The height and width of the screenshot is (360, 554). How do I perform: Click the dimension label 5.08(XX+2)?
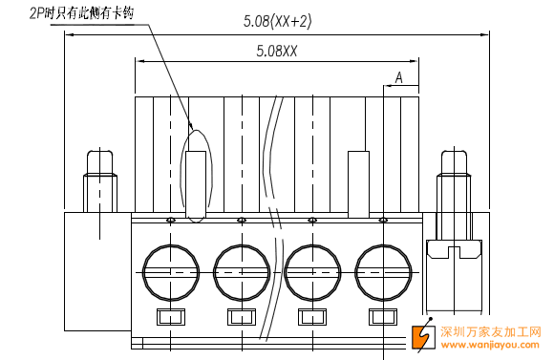tap(277, 21)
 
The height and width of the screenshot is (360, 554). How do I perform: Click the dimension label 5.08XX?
tap(277, 51)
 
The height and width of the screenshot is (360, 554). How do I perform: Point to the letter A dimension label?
tap(399, 77)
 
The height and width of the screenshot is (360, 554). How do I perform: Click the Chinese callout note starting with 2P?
tap(81, 13)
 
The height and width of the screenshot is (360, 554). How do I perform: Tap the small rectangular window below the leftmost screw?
tap(171, 316)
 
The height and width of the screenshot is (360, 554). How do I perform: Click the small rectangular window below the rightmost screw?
tap(383, 316)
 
